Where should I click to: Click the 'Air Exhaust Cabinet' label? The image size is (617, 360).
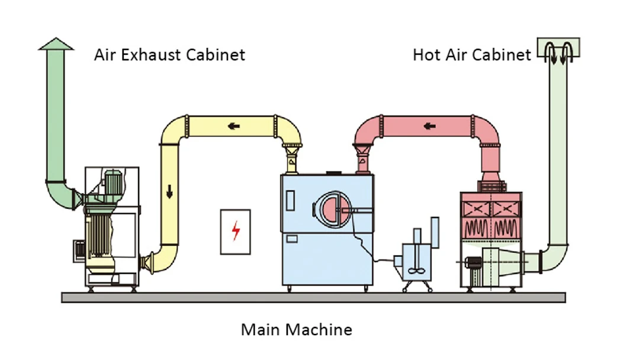[169, 55]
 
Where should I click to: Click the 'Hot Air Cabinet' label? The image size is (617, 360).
[471, 55]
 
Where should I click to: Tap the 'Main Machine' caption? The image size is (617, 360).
[296, 329]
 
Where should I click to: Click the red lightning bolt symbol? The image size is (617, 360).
[235, 232]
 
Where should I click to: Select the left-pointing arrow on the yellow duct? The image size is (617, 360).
[235, 126]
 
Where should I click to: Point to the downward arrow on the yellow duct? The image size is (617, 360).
[169, 192]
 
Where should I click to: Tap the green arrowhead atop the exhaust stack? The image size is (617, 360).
[56, 44]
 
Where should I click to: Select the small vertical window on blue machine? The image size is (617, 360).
[290, 201]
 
